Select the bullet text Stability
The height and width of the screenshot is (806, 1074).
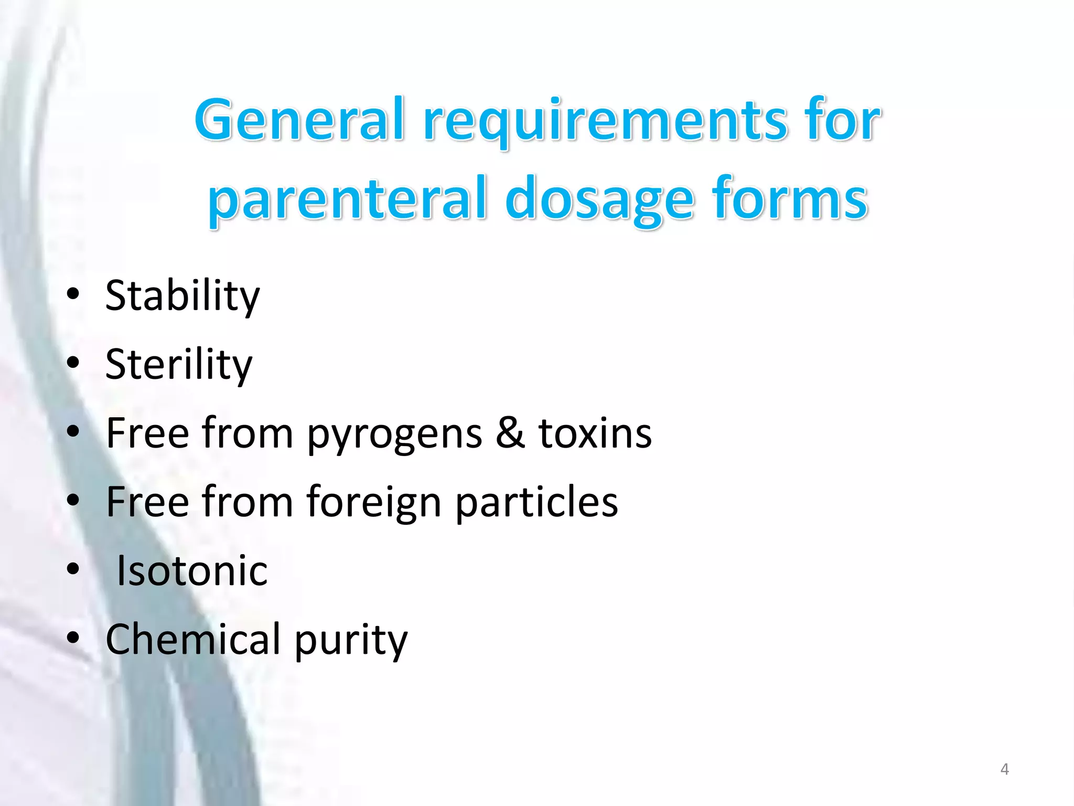click(182, 296)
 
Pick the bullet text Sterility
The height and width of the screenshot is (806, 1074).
click(178, 365)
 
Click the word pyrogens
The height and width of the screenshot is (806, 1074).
click(394, 434)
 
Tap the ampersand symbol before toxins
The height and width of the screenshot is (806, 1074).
click(510, 433)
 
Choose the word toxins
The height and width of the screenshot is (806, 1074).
click(595, 433)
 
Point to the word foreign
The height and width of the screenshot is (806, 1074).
click(373, 503)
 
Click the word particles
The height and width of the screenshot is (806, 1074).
click(536, 503)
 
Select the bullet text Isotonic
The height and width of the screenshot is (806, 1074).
click(191, 571)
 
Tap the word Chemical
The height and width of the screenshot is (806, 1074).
click(193, 639)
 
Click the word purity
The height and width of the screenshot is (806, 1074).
click(351, 640)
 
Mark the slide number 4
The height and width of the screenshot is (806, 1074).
click(1004, 769)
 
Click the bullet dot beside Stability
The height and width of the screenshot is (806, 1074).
click(73, 294)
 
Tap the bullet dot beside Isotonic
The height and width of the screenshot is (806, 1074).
click(73, 568)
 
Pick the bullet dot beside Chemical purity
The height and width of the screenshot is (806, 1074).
click(73, 638)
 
